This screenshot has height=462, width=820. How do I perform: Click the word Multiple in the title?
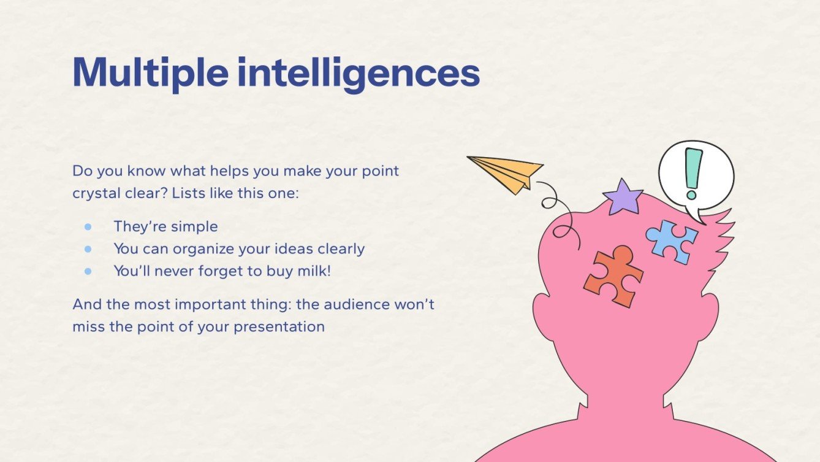(150, 72)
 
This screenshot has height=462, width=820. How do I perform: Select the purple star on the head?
(623, 198)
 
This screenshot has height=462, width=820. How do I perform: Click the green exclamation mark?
(693, 174)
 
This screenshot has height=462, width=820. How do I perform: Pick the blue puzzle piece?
(672, 242)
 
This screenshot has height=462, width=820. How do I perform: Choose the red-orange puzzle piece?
(613, 276)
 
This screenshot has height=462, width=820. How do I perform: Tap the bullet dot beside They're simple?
(88, 227)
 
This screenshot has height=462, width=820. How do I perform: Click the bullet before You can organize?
(88, 249)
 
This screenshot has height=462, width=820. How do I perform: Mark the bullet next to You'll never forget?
(88, 271)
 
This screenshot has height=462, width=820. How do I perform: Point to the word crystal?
(96, 193)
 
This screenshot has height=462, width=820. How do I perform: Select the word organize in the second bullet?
(203, 249)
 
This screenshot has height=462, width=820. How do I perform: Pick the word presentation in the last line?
(279, 327)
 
